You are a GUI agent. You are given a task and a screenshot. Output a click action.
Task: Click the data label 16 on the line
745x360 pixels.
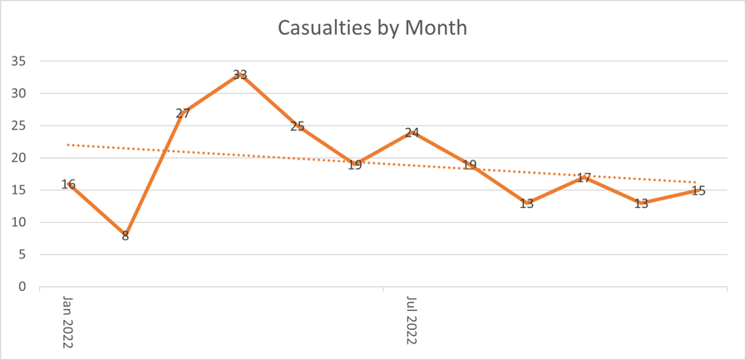68,185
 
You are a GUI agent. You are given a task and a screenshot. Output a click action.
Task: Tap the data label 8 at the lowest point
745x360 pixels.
126,236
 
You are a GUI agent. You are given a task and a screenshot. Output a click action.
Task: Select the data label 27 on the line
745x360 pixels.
183,114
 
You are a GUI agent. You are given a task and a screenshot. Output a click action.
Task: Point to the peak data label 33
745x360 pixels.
240,75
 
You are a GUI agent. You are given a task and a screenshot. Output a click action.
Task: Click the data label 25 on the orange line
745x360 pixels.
298,126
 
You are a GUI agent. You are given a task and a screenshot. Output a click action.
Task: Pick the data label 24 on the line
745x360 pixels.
412,133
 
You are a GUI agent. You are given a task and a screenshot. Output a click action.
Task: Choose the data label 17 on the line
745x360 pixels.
584,178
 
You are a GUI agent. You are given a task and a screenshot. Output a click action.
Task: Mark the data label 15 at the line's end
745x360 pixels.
698,191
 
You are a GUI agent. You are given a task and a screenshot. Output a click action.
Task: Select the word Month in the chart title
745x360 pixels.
437,27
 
